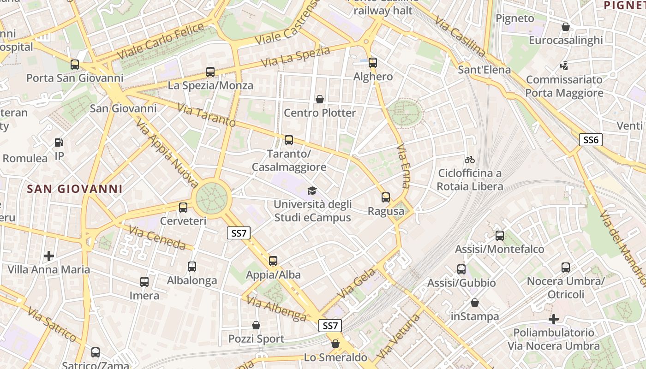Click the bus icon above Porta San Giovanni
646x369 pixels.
(75, 64)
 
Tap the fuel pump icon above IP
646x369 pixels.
(59, 143)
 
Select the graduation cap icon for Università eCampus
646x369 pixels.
(312, 190)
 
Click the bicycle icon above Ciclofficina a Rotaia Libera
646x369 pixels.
(470, 160)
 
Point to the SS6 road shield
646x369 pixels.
(591, 140)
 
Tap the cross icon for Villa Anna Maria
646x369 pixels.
(49, 256)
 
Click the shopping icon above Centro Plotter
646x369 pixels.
(319, 99)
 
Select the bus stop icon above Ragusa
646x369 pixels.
(386, 197)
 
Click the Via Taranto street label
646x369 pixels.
(206, 116)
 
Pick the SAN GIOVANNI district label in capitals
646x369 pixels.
(75, 189)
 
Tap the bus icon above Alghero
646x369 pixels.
(373, 63)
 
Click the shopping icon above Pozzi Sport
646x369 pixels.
(256, 325)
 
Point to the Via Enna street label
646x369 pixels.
(403, 167)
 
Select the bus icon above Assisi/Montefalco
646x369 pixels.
(500, 236)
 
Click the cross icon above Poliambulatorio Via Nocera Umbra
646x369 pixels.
(554, 319)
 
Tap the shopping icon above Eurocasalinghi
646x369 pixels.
(566, 27)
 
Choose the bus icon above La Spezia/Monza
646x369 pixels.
(210, 71)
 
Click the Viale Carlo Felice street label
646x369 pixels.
(161, 41)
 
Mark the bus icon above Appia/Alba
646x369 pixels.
(273, 261)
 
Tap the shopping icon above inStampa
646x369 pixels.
(475, 303)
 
